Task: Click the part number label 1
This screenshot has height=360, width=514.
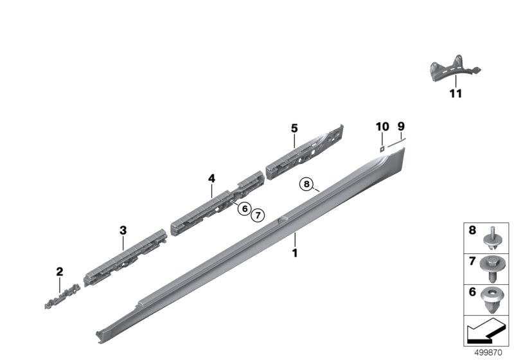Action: pos(295,253)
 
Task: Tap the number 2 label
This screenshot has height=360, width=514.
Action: pos(59,272)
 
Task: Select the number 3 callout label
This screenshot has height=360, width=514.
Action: pos(123,230)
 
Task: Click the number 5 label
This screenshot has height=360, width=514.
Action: pos(294,129)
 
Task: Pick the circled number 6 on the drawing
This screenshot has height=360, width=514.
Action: pos(244,208)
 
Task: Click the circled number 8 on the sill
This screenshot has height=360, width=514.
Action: pos(307,184)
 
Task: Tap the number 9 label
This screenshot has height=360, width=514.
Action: pos(401,126)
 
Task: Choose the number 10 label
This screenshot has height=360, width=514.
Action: pos(381,126)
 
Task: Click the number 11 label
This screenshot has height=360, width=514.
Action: pos(455,94)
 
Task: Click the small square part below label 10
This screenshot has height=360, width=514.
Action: pos(381,148)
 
